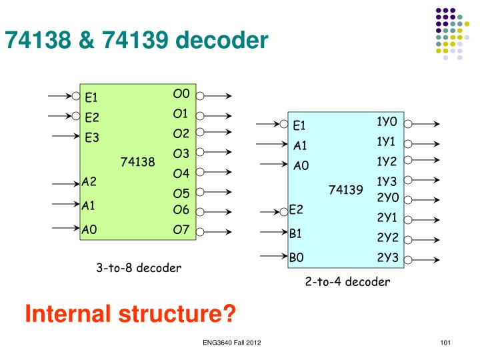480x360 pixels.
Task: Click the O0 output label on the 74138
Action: (181, 94)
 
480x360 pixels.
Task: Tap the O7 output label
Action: (181, 231)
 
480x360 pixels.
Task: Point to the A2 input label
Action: (89, 181)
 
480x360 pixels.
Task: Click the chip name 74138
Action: (137, 162)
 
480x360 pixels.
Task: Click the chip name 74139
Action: (345, 191)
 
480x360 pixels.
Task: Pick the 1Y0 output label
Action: (386, 122)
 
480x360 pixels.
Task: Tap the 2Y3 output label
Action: (387, 257)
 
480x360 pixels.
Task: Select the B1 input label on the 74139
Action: (296, 234)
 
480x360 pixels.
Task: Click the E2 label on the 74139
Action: (296, 210)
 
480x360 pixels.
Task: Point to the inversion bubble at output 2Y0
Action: (408, 199)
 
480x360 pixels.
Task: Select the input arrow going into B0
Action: (273, 255)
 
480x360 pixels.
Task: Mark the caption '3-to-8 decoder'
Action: (138, 269)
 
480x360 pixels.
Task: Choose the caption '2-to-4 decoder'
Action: (347, 281)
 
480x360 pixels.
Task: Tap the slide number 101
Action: (447, 343)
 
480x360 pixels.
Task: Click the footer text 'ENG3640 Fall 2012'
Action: (232, 343)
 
